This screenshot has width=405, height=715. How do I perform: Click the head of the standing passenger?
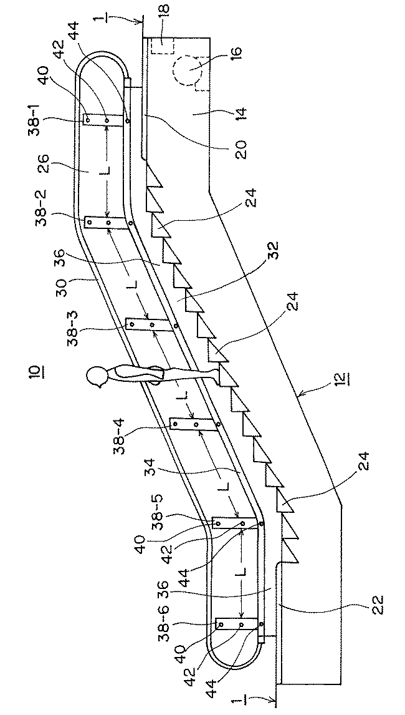tap(97, 377)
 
